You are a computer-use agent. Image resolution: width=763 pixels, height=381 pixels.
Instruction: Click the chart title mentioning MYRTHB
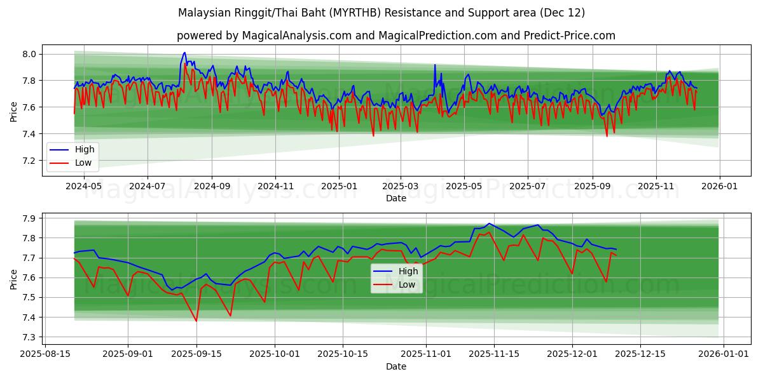click(x=381, y=13)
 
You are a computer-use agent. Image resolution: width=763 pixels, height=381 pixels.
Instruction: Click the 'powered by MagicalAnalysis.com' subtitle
click(x=396, y=36)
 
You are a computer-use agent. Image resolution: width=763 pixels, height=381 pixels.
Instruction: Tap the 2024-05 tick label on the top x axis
click(x=84, y=187)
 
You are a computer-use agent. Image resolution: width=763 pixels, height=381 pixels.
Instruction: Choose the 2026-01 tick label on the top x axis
click(x=719, y=187)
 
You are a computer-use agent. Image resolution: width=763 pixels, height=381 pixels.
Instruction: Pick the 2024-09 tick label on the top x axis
click(x=212, y=187)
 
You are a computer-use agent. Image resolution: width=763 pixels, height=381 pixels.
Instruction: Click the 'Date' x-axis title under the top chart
click(x=395, y=198)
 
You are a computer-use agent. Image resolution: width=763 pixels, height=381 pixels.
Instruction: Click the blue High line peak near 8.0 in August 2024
click(x=184, y=53)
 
